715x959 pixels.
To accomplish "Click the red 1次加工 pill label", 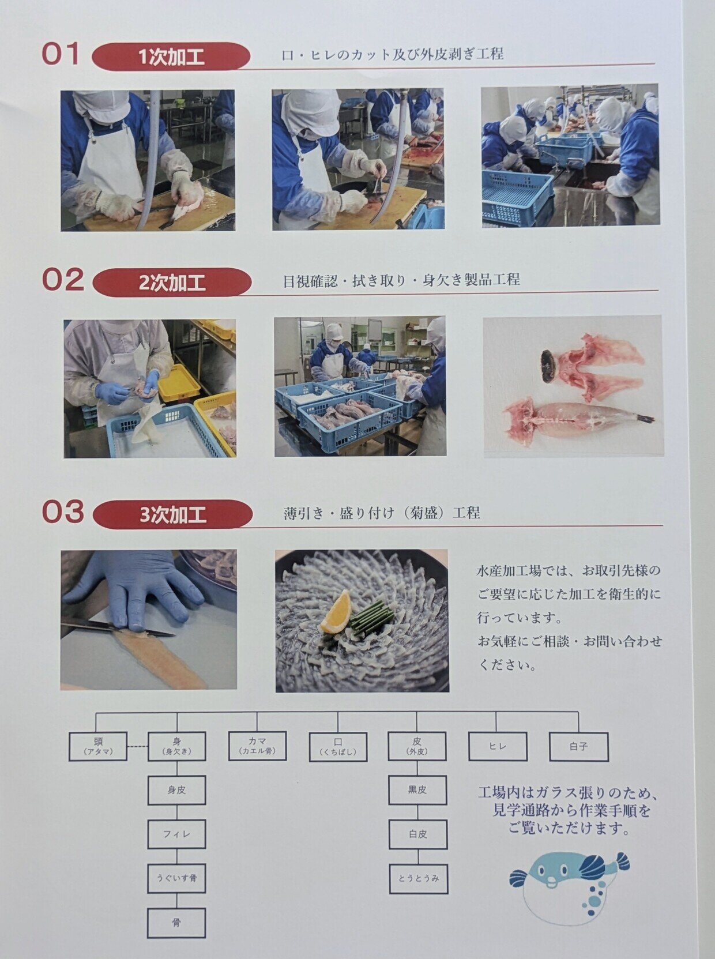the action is tap(171, 57).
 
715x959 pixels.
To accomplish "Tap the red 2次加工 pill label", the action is tap(172, 283).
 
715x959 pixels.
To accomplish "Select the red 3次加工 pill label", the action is tap(173, 514).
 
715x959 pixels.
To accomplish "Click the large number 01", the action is tap(61, 54).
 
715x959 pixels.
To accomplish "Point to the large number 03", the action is tap(63, 511).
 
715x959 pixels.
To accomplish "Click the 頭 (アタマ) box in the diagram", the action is tap(98, 746).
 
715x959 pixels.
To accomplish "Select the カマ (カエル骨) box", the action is tap(258, 746).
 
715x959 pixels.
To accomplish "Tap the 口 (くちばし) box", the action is tap(338, 747).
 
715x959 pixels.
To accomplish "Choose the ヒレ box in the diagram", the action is tap(498, 746).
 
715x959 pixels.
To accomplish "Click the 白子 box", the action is tap(579, 747).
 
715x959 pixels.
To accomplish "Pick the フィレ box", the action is tap(176, 834).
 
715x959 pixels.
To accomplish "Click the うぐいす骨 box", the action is tap(176, 878).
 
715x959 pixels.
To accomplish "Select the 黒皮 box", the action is tap(417, 790).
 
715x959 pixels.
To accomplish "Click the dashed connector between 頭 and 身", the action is tap(138, 746).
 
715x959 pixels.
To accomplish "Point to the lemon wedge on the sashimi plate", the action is tap(336, 611).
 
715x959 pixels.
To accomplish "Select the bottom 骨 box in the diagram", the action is tap(176, 922).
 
